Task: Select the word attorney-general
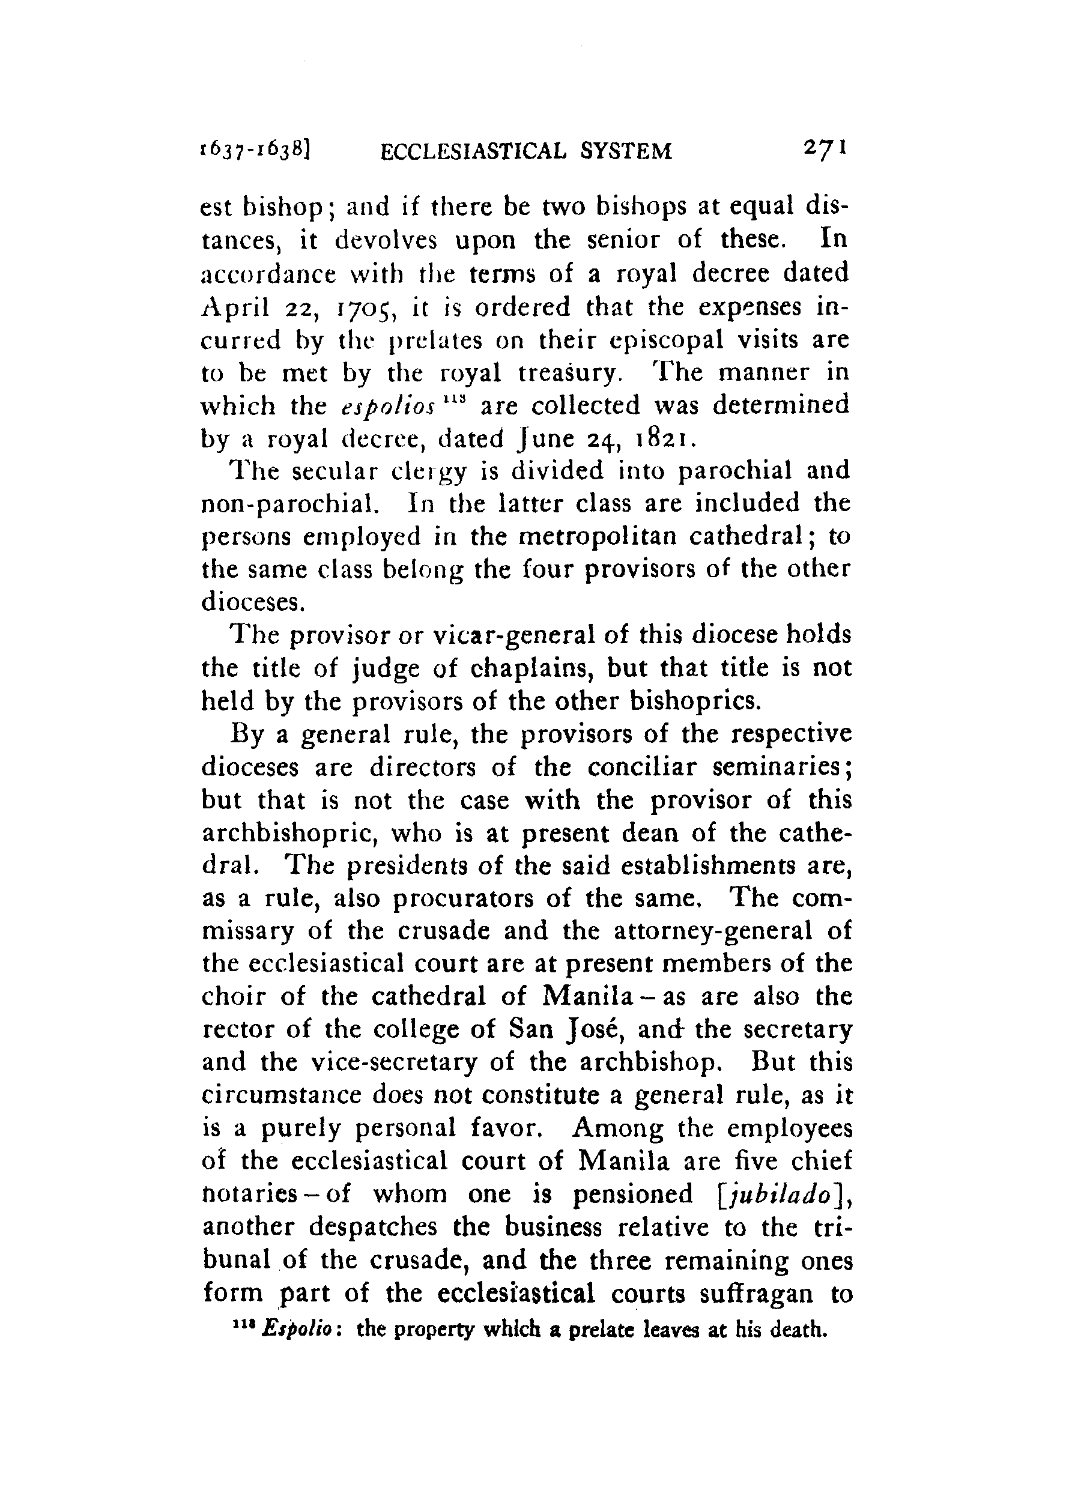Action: point(708,932)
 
